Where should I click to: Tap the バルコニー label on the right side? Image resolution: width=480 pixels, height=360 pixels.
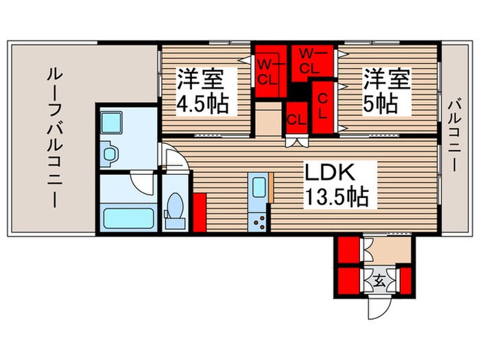[454, 136]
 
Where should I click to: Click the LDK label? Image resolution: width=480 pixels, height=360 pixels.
[335, 172]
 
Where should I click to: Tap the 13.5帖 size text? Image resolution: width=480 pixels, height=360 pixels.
[335, 197]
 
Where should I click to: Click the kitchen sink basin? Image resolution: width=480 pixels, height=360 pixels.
[259, 187]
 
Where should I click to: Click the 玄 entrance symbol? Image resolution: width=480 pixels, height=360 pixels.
[379, 280]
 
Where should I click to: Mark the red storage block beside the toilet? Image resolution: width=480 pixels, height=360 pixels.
[200, 214]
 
